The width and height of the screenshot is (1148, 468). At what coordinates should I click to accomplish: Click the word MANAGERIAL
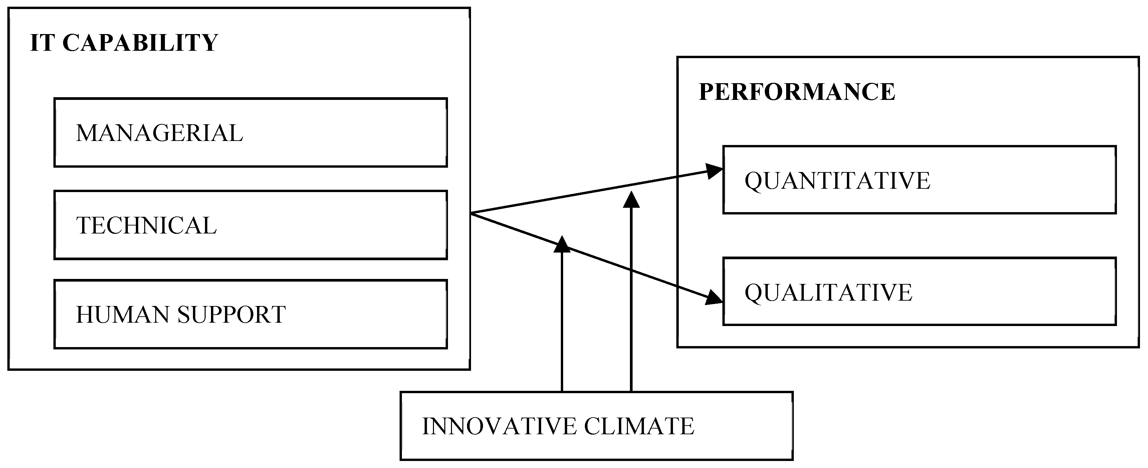159,133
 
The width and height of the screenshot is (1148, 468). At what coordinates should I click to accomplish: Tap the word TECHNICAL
146,225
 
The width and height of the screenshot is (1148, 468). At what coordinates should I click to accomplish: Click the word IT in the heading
42,43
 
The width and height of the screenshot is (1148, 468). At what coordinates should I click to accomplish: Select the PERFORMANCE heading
796,92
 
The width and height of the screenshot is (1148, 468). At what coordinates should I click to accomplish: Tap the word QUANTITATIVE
837,180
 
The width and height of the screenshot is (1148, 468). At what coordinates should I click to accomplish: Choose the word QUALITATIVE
829,293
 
